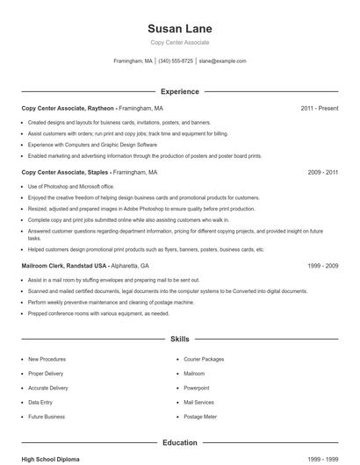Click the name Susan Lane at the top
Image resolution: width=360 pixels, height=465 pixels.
point(180,29)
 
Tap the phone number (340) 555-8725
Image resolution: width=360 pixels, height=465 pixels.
point(176,61)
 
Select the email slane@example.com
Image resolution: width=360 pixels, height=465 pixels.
point(222,61)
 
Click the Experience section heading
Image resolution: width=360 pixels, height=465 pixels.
point(180,91)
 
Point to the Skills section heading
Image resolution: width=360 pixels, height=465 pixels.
point(180,338)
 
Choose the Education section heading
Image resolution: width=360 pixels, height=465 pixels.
point(180,443)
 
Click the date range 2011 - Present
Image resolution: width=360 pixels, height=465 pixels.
point(319,108)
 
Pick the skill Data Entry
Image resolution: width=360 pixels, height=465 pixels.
point(40,402)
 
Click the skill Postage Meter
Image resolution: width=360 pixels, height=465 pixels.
point(199,416)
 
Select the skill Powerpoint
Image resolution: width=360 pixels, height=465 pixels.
point(197,388)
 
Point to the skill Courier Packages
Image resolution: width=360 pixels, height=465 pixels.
point(204,359)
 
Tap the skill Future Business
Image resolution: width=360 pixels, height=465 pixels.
point(47,416)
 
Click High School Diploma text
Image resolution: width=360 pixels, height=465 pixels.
point(52,459)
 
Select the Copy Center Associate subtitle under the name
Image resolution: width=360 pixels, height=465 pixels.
point(180,42)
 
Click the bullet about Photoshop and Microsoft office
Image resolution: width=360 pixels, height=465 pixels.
point(71,187)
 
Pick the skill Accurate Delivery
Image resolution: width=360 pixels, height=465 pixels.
point(48,388)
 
